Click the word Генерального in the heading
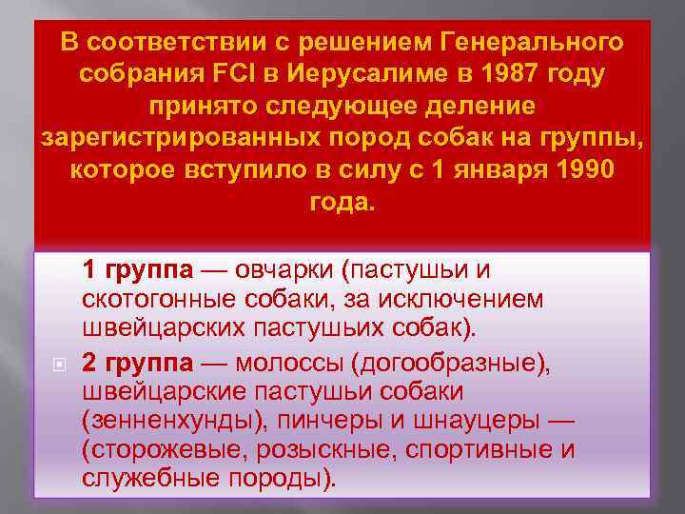point(534,43)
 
